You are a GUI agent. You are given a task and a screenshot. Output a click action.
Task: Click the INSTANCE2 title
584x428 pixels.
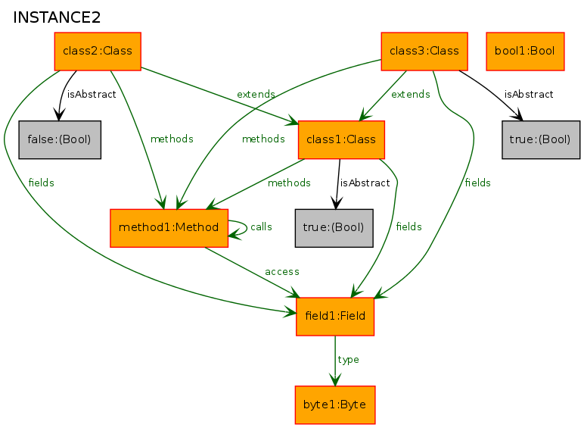click(x=57, y=17)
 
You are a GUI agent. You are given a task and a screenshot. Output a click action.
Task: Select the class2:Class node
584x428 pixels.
click(x=98, y=51)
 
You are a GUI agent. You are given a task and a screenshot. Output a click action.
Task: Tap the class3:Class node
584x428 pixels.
click(x=424, y=51)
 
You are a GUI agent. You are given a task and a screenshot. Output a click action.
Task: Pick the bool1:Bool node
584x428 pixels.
click(x=525, y=51)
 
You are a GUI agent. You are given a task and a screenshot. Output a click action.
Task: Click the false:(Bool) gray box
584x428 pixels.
click(x=60, y=139)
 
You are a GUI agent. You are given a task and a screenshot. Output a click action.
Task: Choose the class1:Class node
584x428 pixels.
click(x=341, y=139)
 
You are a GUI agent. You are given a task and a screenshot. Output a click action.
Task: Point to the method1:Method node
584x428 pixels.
click(x=169, y=228)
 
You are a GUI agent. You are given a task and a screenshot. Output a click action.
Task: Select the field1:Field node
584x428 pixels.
click(x=335, y=316)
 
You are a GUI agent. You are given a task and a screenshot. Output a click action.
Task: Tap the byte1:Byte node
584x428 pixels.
click(x=335, y=405)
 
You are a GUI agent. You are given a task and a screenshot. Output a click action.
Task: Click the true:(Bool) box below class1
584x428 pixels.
click(x=334, y=228)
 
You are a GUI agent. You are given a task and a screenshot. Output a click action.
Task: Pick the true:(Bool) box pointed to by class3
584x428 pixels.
click(x=541, y=139)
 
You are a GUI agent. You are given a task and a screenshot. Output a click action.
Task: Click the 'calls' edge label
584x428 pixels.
click(x=261, y=226)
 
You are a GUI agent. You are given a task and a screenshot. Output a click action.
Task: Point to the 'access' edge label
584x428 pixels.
click(x=282, y=272)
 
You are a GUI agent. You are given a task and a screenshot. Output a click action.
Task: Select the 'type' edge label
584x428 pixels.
click(x=348, y=360)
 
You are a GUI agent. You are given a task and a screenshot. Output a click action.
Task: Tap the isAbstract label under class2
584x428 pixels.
click(x=92, y=95)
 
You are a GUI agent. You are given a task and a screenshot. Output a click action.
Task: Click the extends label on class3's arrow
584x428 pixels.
click(x=411, y=95)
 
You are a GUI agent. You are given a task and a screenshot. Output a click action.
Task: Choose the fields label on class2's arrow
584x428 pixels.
click(x=42, y=183)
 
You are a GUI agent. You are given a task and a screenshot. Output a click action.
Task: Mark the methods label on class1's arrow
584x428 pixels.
click(x=289, y=183)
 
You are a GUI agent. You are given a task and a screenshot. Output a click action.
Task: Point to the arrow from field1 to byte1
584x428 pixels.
click(x=335, y=361)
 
